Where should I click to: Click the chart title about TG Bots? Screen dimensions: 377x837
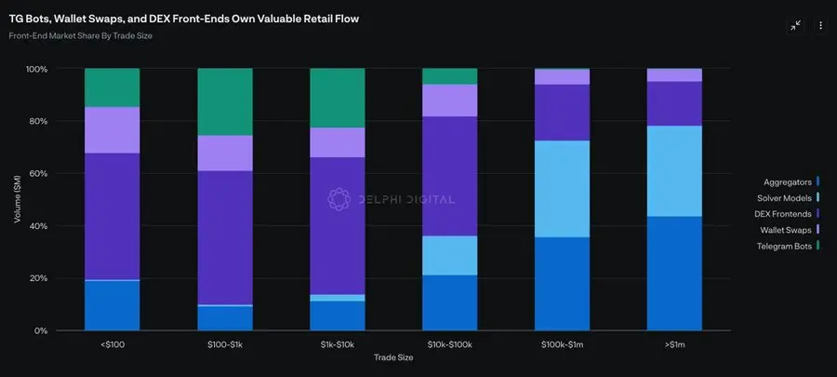pyautogui.click(x=183, y=19)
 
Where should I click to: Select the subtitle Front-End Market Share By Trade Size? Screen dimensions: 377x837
pyautogui.click(x=81, y=36)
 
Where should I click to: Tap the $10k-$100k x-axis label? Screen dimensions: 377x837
pyautogui.click(x=450, y=344)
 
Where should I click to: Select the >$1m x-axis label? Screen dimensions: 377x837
pyautogui.click(x=675, y=344)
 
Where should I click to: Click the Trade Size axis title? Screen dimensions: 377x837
pyautogui.click(x=394, y=357)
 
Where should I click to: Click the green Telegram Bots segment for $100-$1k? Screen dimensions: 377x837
pyautogui.click(x=224, y=101)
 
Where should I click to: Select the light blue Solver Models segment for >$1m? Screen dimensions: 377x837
pyautogui.click(x=675, y=171)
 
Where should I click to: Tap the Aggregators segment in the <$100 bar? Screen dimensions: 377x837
pyautogui.click(x=112, y=305)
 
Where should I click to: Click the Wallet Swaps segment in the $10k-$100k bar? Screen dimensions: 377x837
pyautogui.click(x=450, y=101)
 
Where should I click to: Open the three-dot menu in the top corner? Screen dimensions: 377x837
pyautogui.click(x=820, y=26)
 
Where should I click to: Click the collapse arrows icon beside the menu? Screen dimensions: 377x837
pyautogui.click(x=795, y=26)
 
